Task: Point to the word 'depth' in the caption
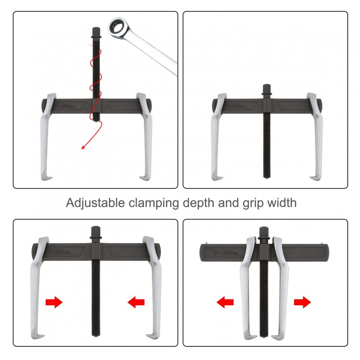(199, 203)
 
